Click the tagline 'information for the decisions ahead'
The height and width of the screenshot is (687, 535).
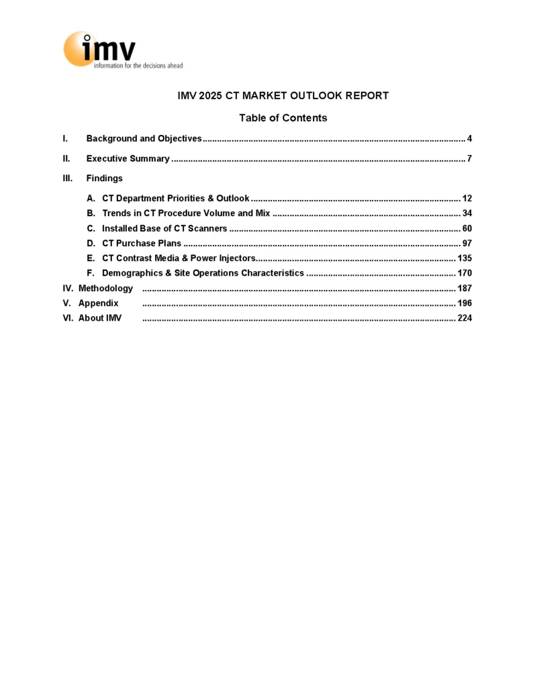[138, 66]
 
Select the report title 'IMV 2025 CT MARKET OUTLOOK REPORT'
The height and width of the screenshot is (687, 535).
[283, 96]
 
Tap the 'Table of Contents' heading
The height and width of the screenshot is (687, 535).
[283, 118]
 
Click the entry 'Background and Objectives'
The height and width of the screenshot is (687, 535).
[144, 139]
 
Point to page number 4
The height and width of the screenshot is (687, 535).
[470, 139]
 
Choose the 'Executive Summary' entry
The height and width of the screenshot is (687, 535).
[128, 159]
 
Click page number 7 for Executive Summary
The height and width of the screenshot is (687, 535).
[470, 159]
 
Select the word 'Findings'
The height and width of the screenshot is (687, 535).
[104, 178]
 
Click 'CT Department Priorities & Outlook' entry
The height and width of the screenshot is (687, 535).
[175, 199]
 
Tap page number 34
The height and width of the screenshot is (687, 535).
[467, 213]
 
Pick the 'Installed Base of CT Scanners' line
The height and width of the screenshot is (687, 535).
[164, 229]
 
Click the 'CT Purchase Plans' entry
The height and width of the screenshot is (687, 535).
[141, 244]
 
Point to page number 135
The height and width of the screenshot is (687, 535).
[465, 258]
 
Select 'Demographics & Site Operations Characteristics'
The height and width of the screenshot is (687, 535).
[203, 273]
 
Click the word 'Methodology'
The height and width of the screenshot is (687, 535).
[105, 288]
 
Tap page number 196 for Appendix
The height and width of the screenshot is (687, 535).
[465, 303]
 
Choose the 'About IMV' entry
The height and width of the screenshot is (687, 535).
[100, 318]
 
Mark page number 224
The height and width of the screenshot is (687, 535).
[465, 318]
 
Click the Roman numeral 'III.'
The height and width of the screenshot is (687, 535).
[67, 178]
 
